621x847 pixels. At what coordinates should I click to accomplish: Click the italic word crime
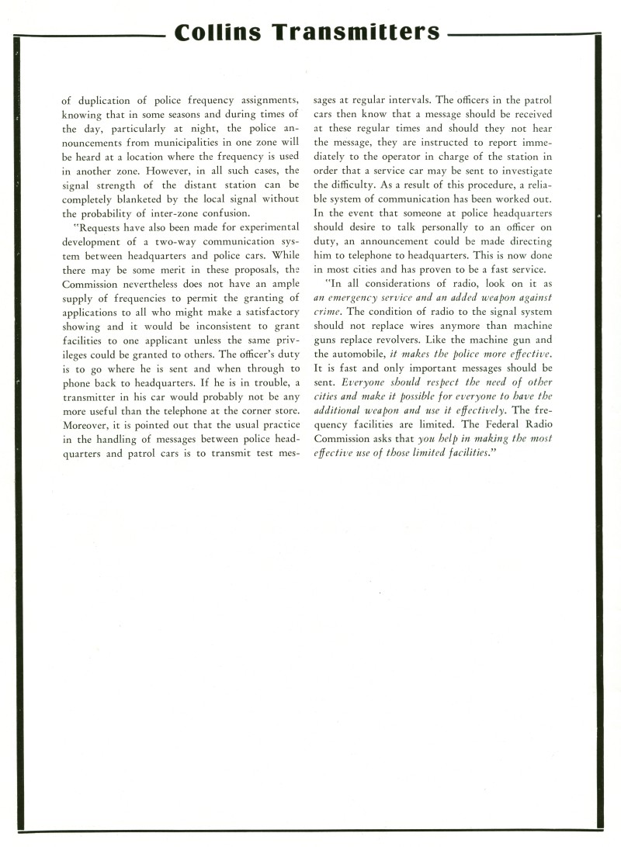328,312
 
